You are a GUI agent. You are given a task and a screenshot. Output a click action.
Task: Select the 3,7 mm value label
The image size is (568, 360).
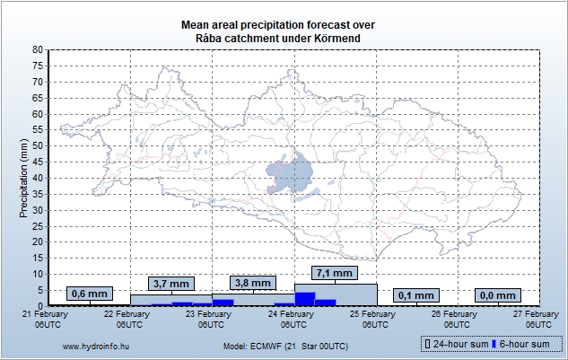[171, 283]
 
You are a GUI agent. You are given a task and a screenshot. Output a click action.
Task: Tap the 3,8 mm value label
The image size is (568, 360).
[252, 283]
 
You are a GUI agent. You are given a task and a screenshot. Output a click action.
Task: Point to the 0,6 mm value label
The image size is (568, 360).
[89, 294]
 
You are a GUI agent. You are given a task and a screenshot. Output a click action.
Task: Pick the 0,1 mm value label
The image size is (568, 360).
[416, 294]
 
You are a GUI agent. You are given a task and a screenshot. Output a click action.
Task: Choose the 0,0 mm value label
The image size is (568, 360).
[499, 294]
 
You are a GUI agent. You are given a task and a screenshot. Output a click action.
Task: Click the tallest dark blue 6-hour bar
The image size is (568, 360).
[305, 299]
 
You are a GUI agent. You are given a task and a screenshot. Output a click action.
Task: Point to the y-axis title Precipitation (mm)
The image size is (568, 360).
[24, 178]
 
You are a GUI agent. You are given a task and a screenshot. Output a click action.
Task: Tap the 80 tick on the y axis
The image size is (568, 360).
[37, 50]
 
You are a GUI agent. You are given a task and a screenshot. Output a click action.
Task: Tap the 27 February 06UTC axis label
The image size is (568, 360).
[536, 319]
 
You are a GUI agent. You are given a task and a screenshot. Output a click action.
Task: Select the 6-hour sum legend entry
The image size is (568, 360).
[524, 344]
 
